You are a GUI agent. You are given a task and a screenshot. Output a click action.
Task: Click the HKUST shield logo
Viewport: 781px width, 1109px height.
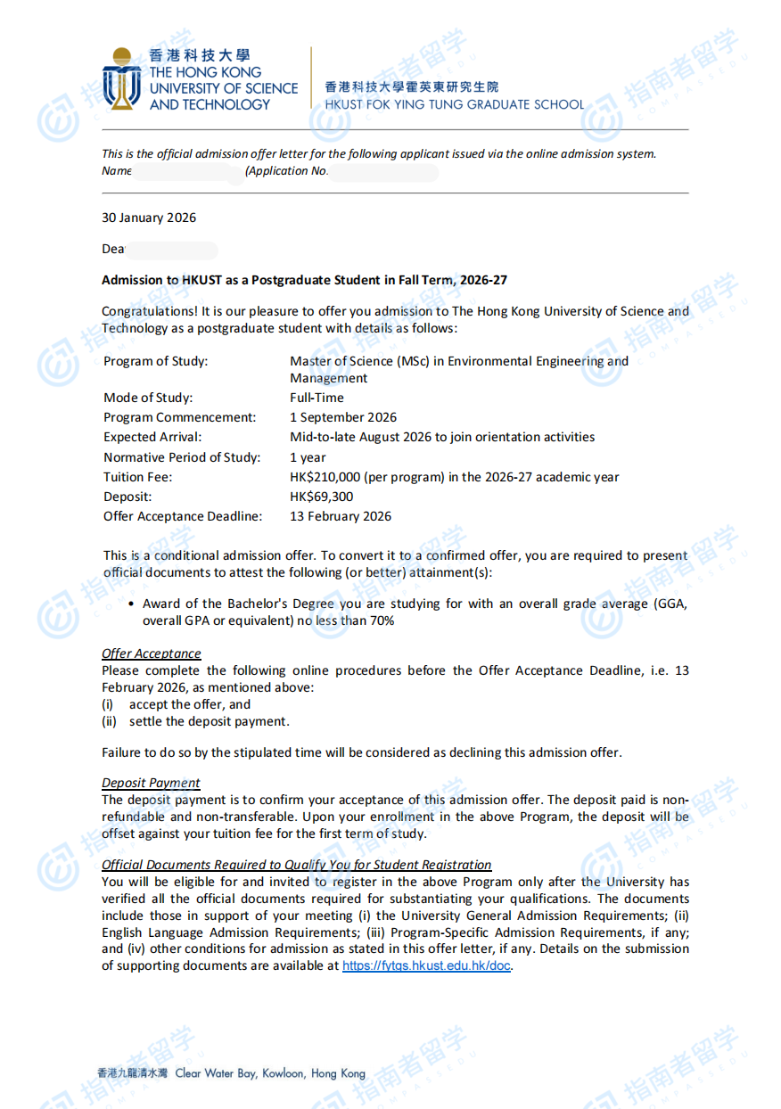tap(121, 80)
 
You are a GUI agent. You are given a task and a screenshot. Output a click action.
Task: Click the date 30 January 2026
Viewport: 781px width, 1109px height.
tap(149, 218)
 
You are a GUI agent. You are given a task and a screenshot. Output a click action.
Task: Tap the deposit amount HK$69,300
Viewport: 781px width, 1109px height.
tap(321, 497)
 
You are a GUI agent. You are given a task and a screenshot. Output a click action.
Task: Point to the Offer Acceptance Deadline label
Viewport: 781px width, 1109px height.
tap(183, 516)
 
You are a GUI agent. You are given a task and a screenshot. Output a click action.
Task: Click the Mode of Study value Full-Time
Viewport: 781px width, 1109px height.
tap(317, 398)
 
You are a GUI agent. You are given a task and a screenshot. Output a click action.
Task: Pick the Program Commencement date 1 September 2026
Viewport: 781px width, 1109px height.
tap(343, 417)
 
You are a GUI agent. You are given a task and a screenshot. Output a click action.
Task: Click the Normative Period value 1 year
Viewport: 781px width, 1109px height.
tap(308, 457)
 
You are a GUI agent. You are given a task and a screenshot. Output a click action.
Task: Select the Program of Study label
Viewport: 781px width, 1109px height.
tap(155, 361)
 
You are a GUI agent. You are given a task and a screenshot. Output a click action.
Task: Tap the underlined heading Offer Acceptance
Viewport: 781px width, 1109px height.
tap(151, 653)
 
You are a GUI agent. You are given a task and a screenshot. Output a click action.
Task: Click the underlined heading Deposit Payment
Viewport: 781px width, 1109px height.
tap(151, 783)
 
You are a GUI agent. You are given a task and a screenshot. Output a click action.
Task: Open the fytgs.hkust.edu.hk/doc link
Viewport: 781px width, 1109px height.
tap(426, 965)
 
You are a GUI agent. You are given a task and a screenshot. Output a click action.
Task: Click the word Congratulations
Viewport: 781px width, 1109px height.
tap(143, 311)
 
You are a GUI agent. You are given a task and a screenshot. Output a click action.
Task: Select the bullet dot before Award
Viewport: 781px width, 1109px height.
tap(132, 604)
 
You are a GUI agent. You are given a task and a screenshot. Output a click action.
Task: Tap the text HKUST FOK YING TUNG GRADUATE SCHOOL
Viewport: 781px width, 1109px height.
tap(454, 104)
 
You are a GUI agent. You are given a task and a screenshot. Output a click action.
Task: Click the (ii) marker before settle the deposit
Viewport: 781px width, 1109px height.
tap(109, 721)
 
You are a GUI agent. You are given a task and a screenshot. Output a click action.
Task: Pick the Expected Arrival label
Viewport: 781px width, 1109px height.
tap(152, 437)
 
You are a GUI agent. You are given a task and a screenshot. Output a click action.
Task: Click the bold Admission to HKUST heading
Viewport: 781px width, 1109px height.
tap(304, 280)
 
